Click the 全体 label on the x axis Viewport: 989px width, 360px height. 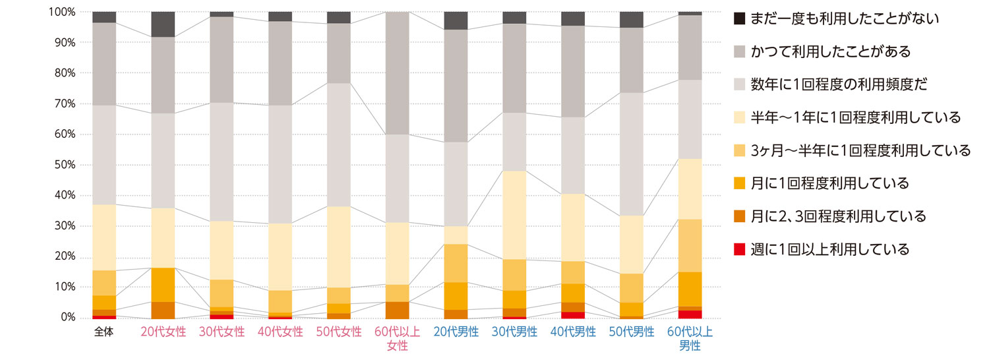(104, 332)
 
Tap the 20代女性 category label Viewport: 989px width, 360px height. (163, 332)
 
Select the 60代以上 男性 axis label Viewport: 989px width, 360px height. (690, 338)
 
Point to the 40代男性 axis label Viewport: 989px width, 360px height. (572, 332)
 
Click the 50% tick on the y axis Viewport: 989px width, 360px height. (63, 165)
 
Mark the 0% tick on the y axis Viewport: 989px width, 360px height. (67, 318)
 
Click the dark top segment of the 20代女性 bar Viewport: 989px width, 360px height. (163, 24)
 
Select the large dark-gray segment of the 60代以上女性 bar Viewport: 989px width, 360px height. (397, 73)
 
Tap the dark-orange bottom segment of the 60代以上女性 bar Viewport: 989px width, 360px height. (397, 310)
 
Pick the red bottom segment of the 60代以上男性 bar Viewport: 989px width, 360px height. (690, 314)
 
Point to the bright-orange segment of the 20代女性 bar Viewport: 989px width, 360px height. (163, 285)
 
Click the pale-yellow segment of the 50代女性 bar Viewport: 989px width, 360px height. (339, 247)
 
